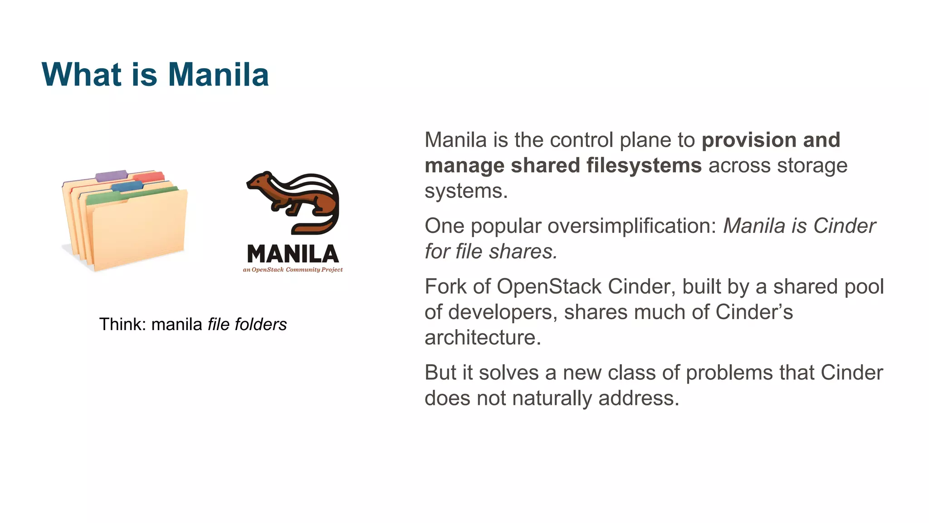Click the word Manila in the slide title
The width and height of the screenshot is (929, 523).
tap(218, 74)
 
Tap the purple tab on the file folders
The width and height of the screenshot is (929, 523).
tap(111, 175)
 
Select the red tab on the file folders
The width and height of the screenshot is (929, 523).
tap(149, 177)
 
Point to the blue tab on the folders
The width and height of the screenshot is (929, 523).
tap(127, 186)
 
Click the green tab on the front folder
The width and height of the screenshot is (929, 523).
tap(103, 198)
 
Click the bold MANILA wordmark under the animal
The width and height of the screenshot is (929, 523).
tap(293, 254)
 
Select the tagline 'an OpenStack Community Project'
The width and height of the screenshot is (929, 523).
tap(293, 270)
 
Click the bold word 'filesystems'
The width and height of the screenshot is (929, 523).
tap(644, 165)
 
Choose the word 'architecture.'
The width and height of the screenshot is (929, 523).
tap(483, 337)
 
